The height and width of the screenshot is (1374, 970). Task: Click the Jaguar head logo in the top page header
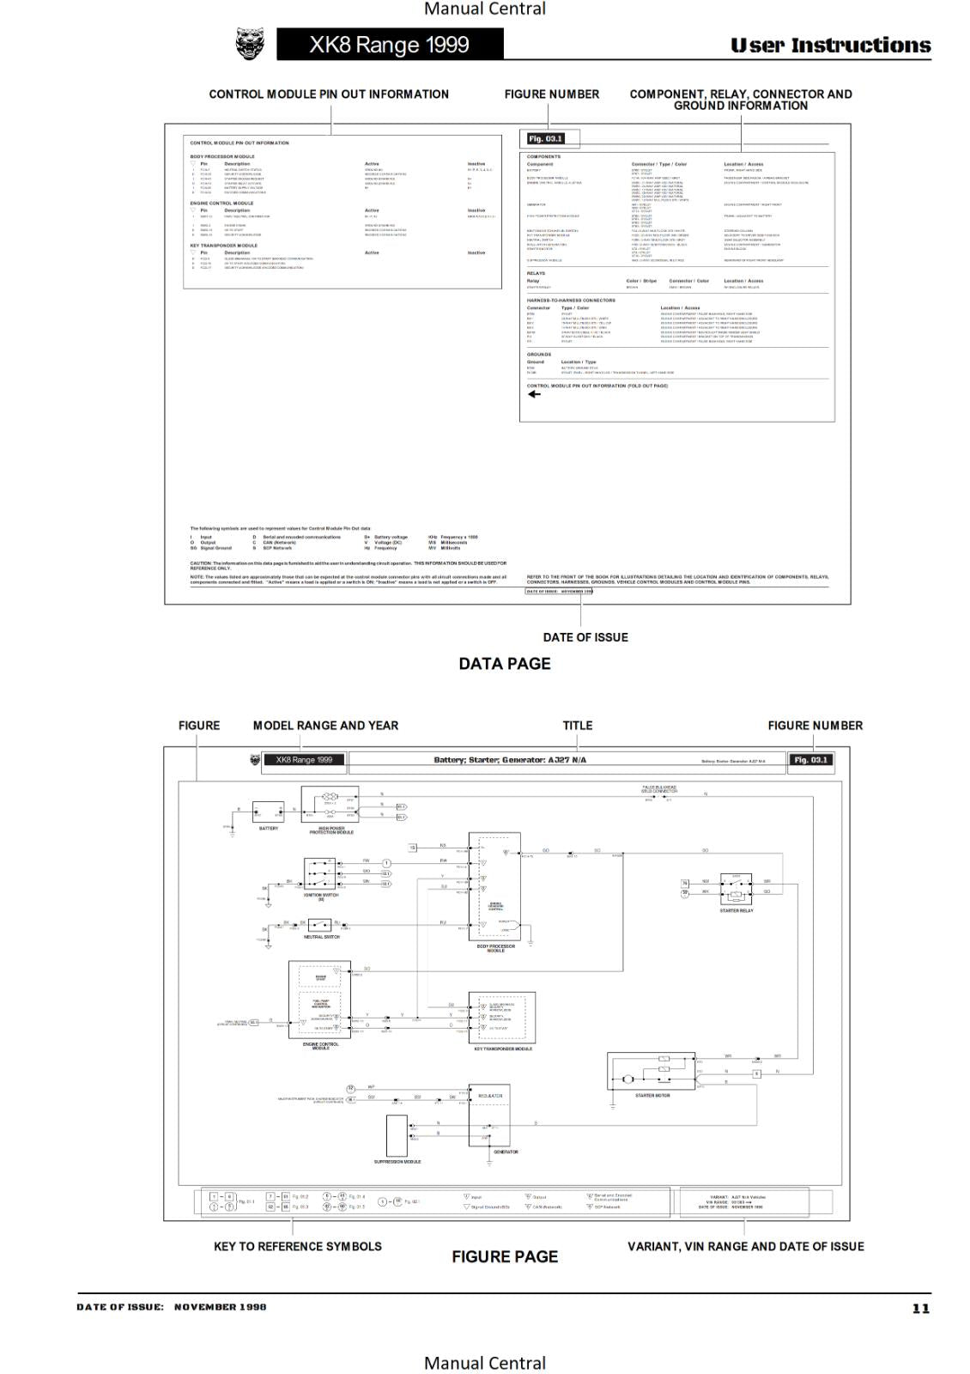click(250, 44)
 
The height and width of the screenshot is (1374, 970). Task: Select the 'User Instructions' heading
click(830, 46)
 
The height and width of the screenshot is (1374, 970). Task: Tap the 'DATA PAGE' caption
click(505, 663)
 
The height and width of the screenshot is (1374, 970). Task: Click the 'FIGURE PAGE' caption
click(505, 1256)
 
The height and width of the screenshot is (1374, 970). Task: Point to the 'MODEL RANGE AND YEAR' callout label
click(325, 726)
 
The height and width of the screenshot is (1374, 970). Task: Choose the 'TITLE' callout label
click(578, 726)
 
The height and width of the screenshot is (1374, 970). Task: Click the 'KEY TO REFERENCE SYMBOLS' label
click(298, 1246)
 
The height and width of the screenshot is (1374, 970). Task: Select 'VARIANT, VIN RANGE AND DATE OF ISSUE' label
click(746, 1246)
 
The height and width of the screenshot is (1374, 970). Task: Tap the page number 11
click(920, 1308)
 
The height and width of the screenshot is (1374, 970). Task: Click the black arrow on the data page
click(535, 395)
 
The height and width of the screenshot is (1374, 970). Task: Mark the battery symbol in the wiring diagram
click(269, 812)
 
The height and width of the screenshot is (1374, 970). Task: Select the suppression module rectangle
click(397, 1135)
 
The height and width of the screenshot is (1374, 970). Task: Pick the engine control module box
click(320, 1000)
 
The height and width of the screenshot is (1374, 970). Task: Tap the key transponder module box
click(503, 1018)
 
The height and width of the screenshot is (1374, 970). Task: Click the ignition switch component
click(320, 873)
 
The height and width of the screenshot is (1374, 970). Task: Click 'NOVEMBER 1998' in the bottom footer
click(220, 1307)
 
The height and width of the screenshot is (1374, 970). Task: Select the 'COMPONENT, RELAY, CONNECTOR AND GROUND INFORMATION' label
click(741, 100)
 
